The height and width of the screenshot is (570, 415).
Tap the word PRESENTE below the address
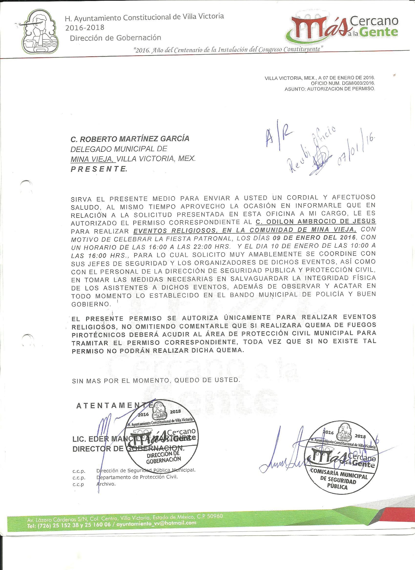coord(99,169)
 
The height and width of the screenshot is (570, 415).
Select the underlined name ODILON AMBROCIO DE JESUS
coord(316,221)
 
